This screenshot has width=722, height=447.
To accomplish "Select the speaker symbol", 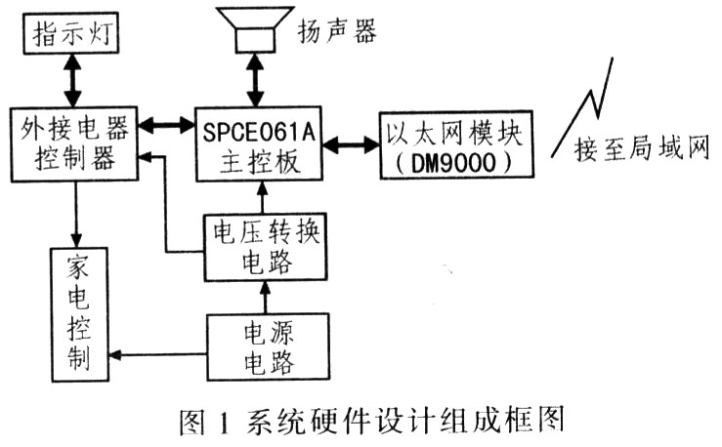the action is (x=255, y=29).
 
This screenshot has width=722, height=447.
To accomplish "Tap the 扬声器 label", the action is (x=337, y=31).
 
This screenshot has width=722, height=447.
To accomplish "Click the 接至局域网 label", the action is (x=642, y=150).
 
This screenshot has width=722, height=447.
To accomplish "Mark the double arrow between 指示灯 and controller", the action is (x=72, y=80).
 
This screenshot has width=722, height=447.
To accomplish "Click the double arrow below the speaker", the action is (x=255, y=80).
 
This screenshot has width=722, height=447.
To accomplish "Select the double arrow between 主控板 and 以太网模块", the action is (x=351, y=144).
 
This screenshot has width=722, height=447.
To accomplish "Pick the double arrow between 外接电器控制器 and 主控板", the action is (x=167, y=125).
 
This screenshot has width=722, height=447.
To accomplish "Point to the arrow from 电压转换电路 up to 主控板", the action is (x=263, y=197).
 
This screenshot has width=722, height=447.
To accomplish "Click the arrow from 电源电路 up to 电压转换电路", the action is (x=265, y=297).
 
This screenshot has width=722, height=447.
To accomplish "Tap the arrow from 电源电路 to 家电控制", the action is (x=157, y=354).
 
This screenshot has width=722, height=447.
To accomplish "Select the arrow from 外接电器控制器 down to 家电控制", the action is (x=76, y=215).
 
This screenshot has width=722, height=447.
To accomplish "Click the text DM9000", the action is (x=453, y=162).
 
